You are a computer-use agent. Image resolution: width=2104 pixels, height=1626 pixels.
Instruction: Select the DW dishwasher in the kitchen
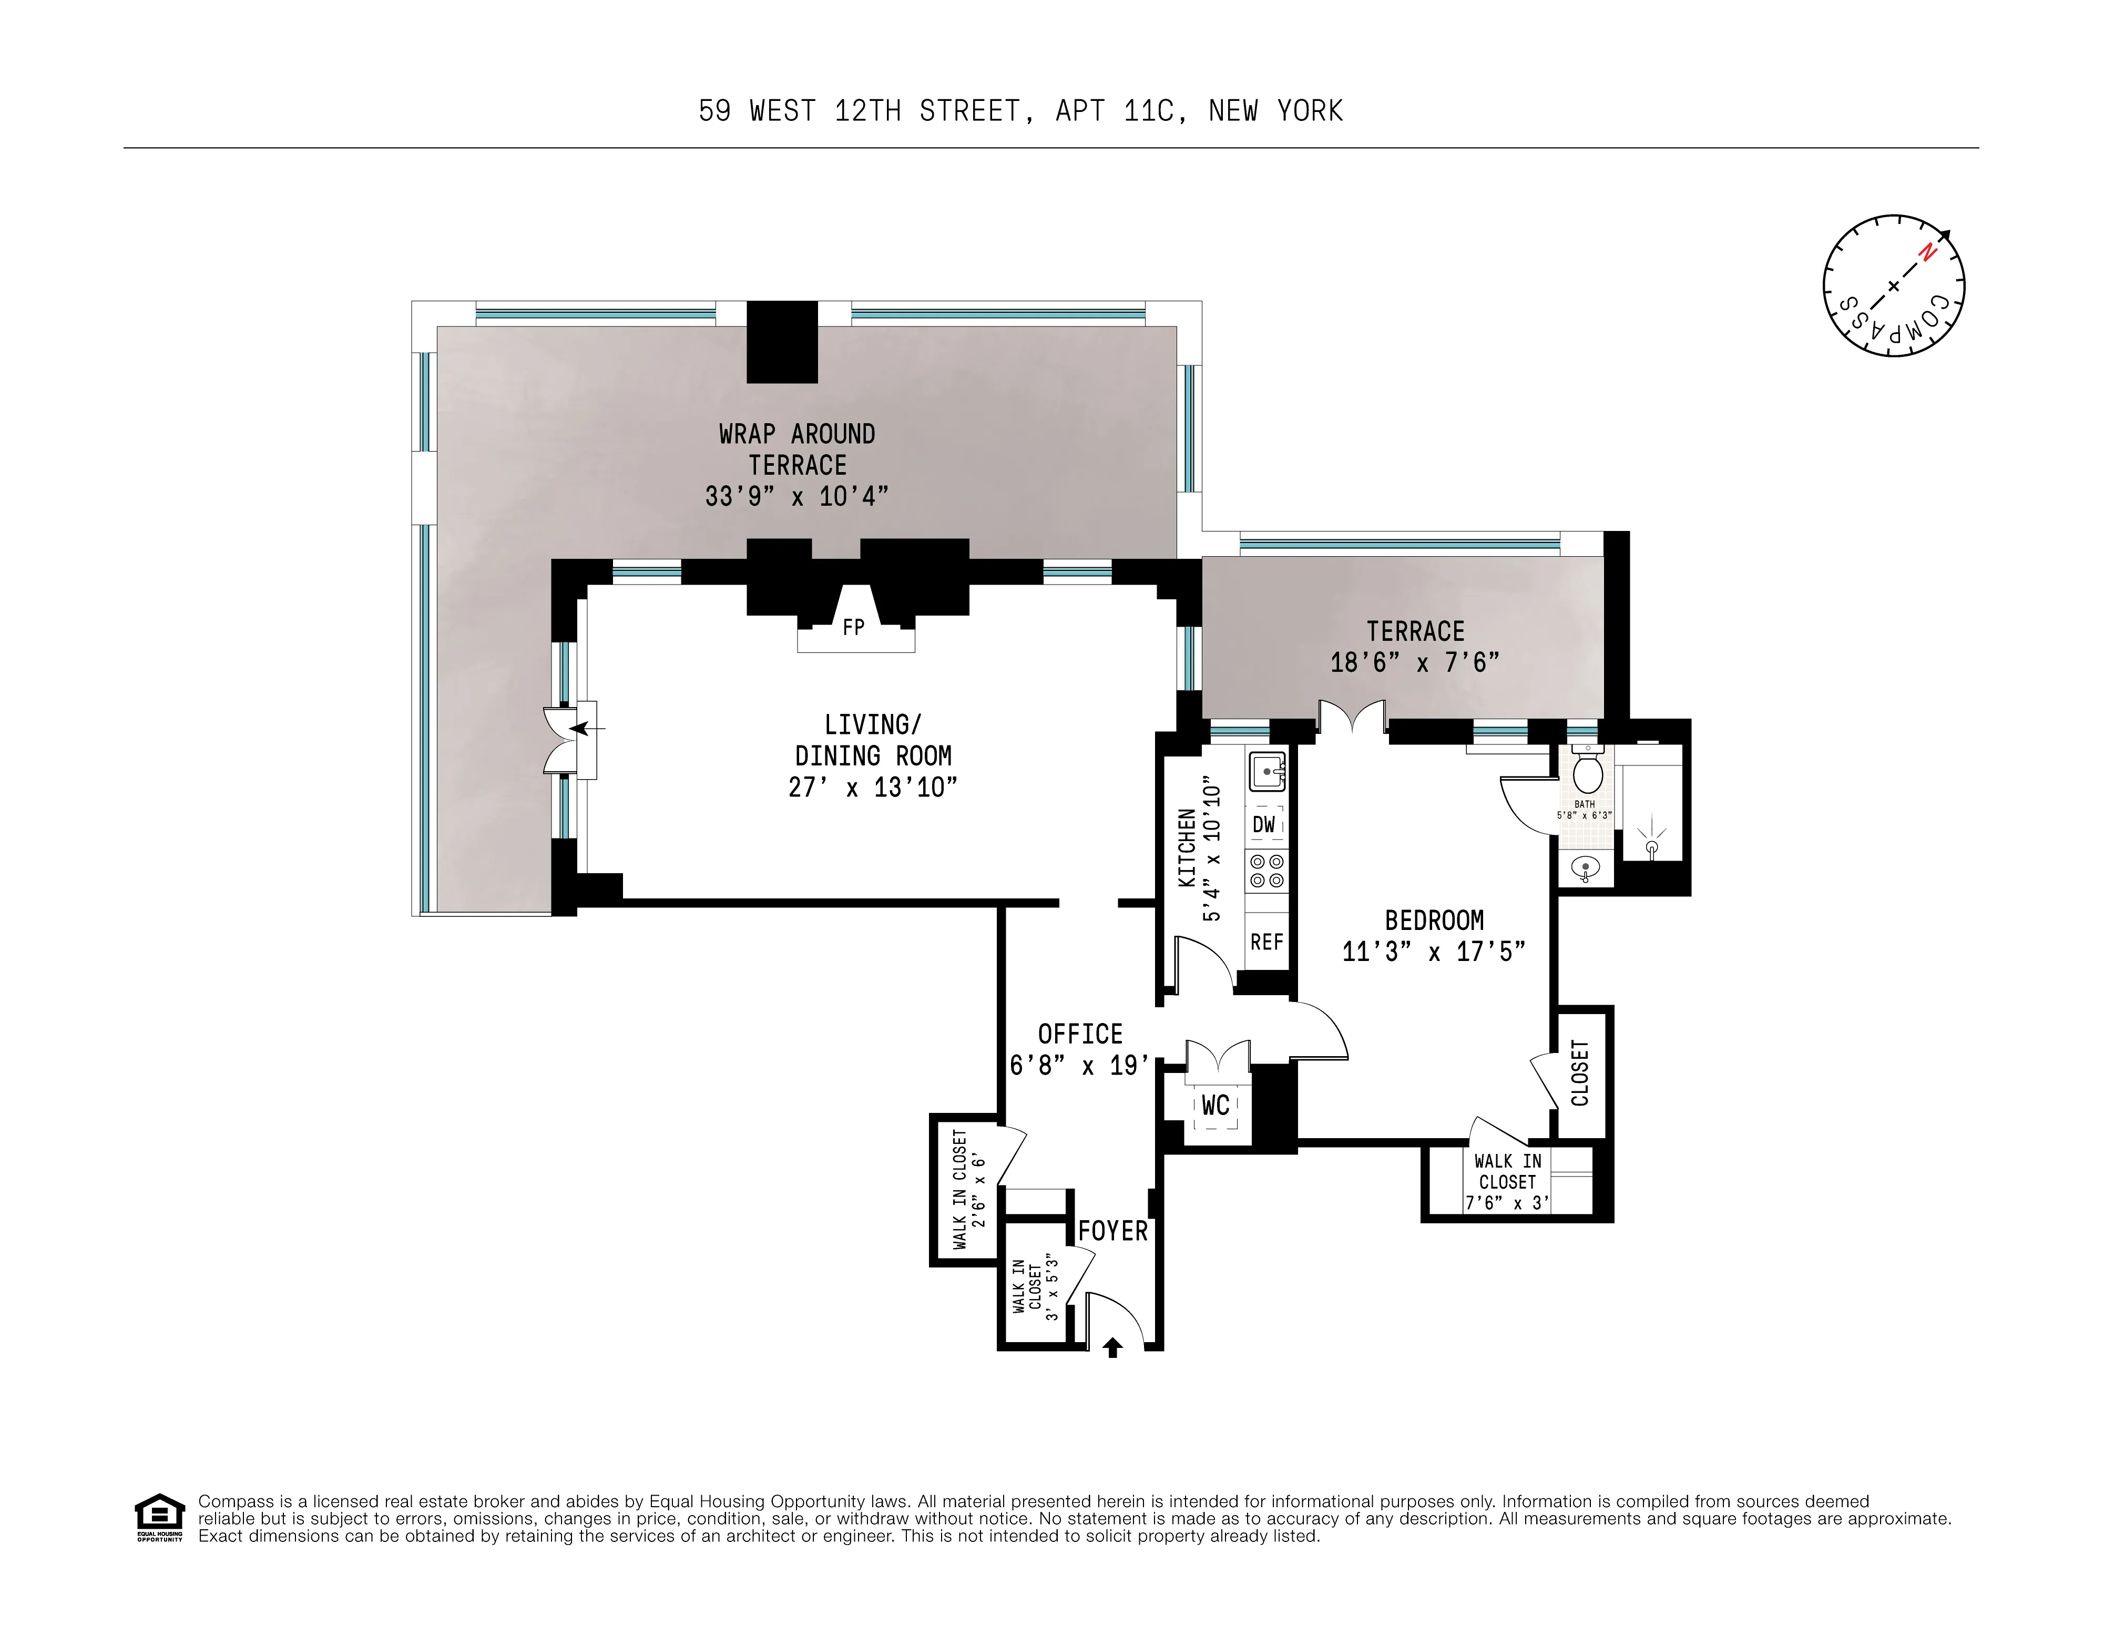point(1264,824)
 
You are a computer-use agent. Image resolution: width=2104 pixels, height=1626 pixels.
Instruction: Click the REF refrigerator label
point(1266,942)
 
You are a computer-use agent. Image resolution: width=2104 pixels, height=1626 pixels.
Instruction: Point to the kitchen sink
point(1267,772)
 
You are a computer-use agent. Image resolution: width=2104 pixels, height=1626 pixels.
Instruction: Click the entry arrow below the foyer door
point(1112,1347)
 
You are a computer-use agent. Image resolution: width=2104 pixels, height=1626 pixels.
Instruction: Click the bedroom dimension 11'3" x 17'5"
point(1434,952)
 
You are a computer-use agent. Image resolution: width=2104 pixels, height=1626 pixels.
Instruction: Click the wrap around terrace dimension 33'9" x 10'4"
point(796,496)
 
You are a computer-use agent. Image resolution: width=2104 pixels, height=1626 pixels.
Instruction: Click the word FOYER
point(1112,1231)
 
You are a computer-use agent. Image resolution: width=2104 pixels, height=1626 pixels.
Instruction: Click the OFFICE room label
point(1080,1035)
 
